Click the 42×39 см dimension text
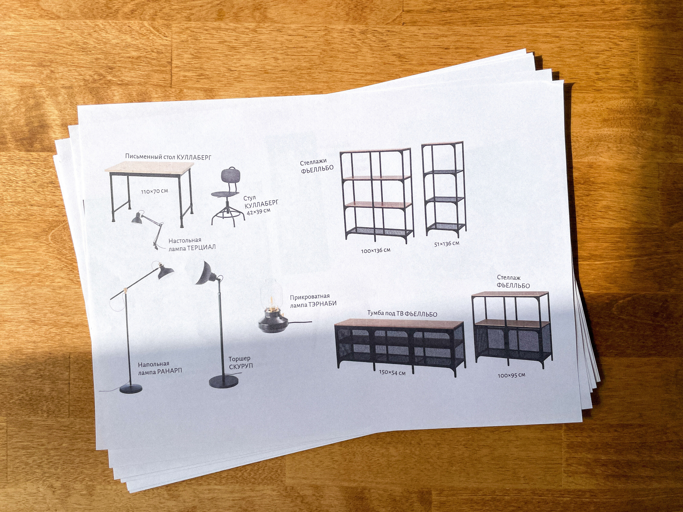(x=258, y=211)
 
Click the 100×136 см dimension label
(x=375, y=250)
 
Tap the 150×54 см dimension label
(x=392, y=372)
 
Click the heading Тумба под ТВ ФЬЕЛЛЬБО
(x=402, y=314)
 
